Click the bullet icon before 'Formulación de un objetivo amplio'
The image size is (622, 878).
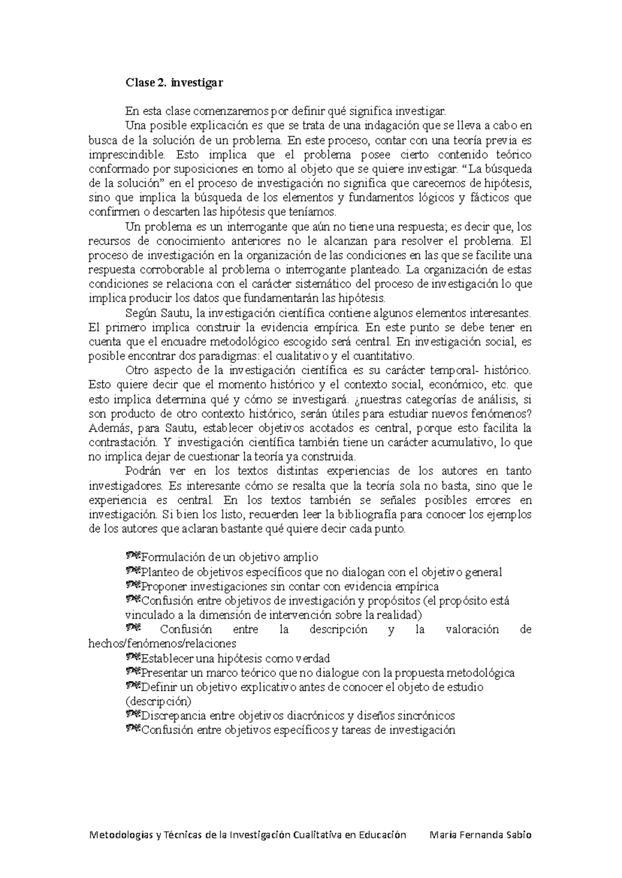pos(133,556)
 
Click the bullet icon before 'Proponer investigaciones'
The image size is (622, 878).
pos(133,585)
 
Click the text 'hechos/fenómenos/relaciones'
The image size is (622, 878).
pos(162,644)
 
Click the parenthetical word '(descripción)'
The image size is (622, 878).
pos(158,701)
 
